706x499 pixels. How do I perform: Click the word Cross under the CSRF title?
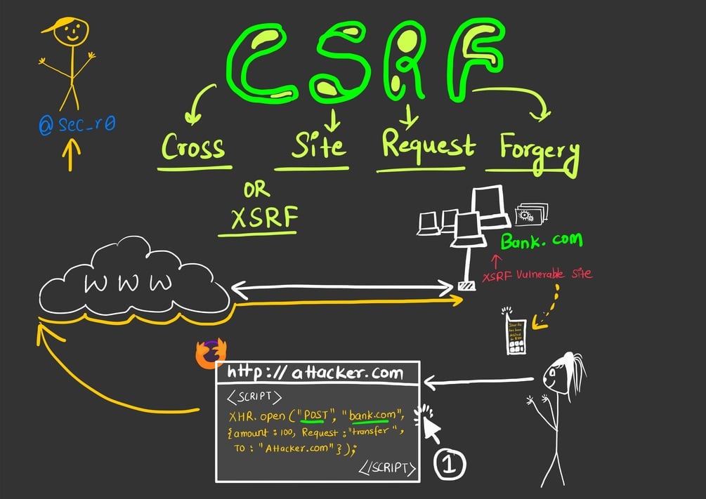point(194,147)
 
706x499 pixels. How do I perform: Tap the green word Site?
point(318,146)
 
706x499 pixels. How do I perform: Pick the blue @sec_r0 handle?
point(77,125)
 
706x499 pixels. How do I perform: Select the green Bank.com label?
point(541,241)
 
